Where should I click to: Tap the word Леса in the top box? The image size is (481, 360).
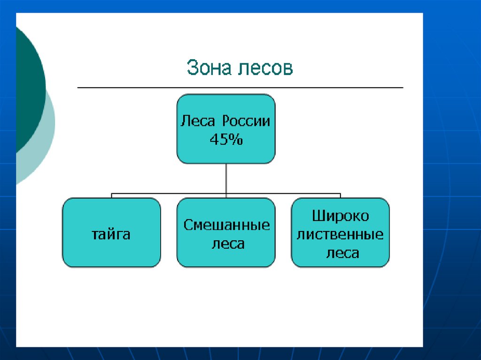(x=198, y=121)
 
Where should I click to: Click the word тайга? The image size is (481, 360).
(x=111, y=234)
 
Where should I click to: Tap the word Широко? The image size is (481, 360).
(x=341, y=216)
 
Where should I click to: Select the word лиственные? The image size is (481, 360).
(x=341, y=234)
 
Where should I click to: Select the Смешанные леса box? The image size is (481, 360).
(x=226, y=258)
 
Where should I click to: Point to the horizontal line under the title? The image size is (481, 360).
(x=240, y=88)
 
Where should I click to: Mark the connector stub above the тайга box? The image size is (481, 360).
(x=111, y=195)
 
